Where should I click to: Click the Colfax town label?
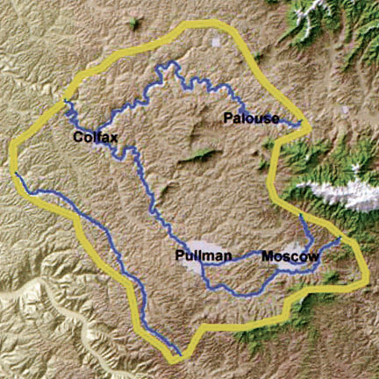[96, 137]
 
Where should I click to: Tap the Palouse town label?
[251, 118]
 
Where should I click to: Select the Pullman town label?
[203, 255]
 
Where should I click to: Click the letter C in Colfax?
[78, 137]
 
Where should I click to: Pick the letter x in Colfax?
[114, 137]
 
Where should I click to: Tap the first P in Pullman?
[178, 255]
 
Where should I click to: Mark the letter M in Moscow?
[265, 256]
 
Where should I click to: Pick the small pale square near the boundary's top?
[217, 40]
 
